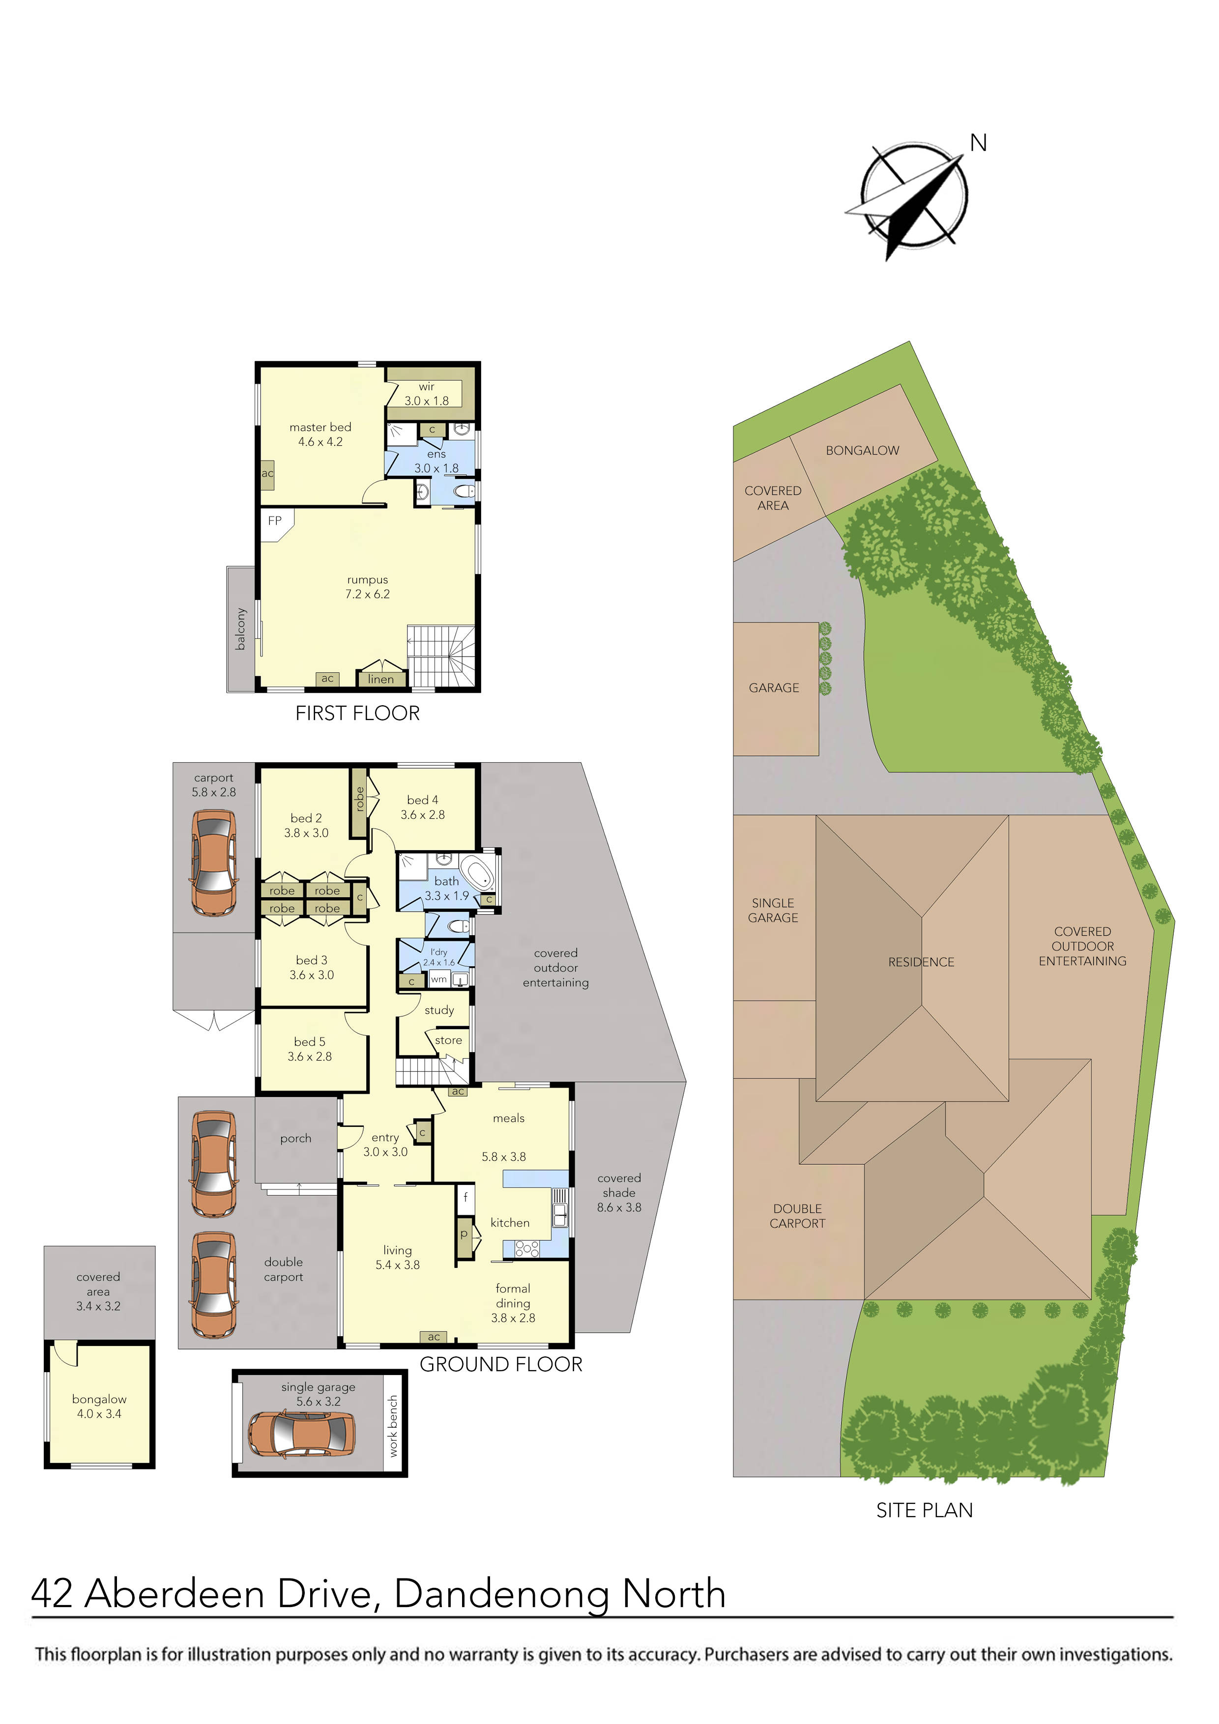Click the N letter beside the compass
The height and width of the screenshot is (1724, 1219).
pos(978,143)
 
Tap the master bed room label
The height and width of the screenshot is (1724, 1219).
pos(320,434)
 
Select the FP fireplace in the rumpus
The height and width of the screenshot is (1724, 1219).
pos(275,521)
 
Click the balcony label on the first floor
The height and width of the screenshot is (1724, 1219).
pos(240,629)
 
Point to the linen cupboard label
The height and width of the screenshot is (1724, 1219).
pos(381,679)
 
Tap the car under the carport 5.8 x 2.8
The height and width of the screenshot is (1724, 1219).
pos(214,863)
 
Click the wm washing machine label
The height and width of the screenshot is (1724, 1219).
pos(438,979)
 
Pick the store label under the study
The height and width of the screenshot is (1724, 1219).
pos(448,1040)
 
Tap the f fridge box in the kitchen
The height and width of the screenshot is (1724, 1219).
pos(465,1198)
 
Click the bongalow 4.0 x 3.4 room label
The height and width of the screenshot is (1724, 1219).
pos(99,1407)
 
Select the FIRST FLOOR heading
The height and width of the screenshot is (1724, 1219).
pos(357,713)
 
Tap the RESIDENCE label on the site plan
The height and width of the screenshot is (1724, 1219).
pos(921,962)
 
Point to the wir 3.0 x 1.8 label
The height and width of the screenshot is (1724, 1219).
pos(427,394)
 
